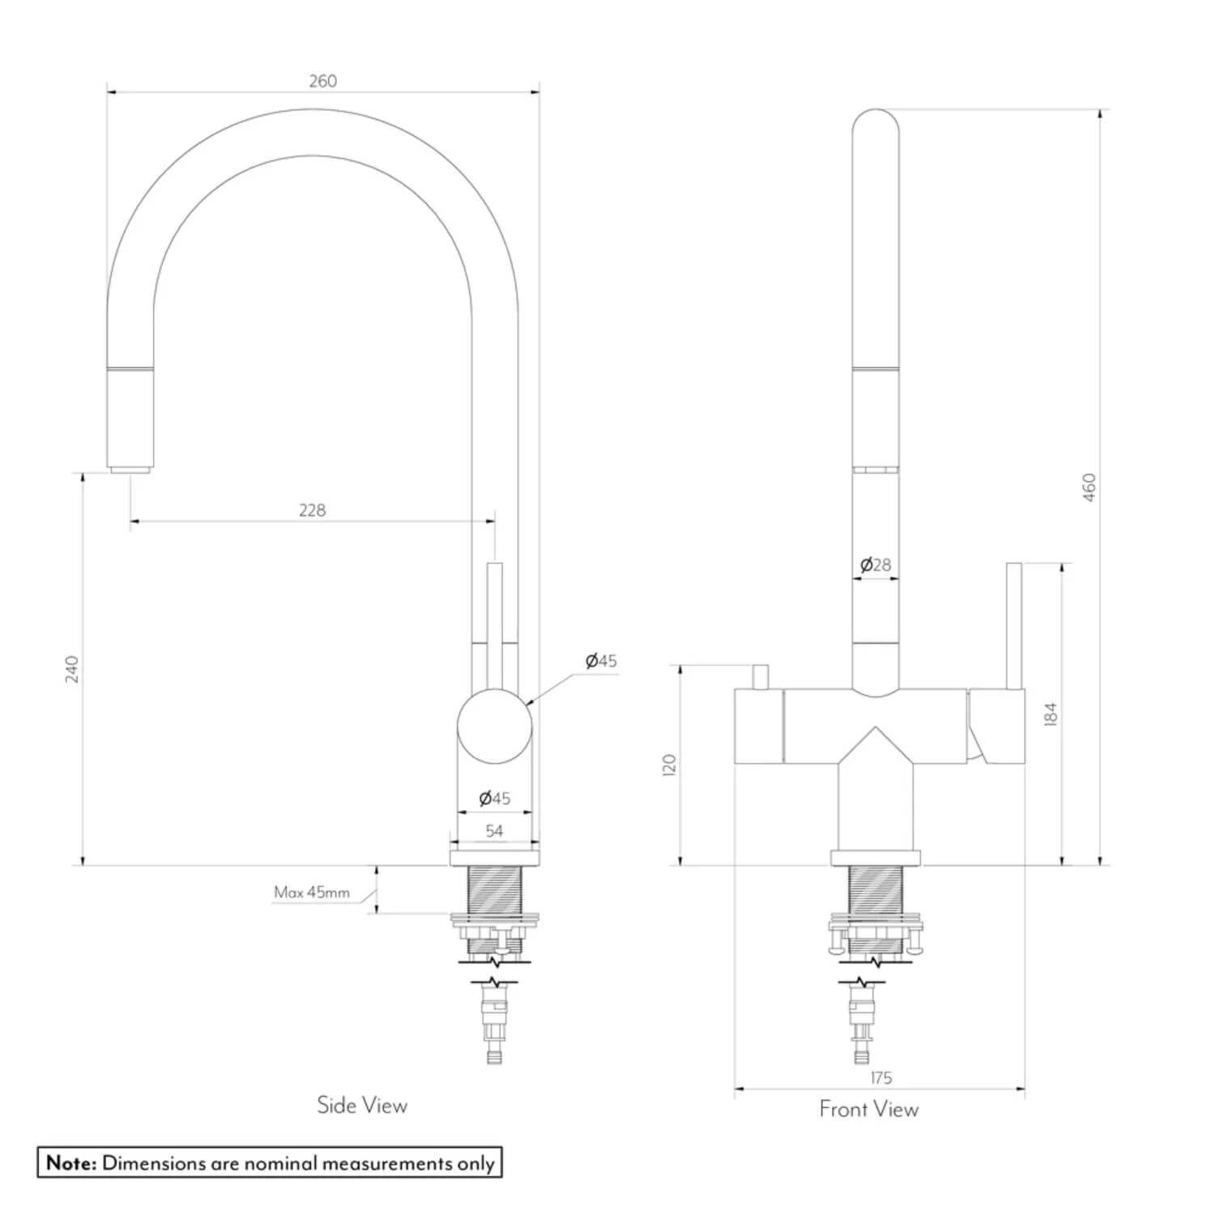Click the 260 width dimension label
tap(322, 81)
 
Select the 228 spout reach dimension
tap(312, 510)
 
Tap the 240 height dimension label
tap(72, 669)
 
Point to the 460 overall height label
tap(1089, 487)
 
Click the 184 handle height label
tap(1051, 714)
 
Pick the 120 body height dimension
tap(669, 765)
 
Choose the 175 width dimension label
tap(880, 1078)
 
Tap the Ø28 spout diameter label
tap(876, 565)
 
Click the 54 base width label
tap(494, 831)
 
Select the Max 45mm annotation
tap(312, 893)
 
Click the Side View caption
tap(362, 1106)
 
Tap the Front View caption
tap(869, 1109)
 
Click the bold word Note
tap(71, 1163)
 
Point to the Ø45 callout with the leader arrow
tap(601, 661)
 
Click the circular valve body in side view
tap(495, 726)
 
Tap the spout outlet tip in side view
tap(130, 469)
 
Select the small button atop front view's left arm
tap(760, 677)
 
